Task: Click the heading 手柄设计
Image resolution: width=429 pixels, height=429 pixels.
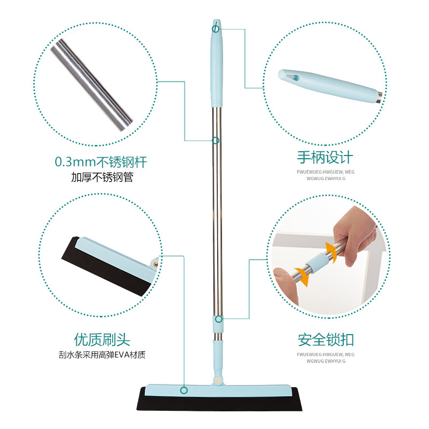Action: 325,158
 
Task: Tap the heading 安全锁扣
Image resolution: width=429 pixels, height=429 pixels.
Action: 326,340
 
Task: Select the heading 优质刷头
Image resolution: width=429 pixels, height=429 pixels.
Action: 102,340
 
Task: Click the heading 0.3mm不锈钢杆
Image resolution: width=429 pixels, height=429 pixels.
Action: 101,162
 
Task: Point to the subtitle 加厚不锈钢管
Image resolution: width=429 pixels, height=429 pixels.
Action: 102,177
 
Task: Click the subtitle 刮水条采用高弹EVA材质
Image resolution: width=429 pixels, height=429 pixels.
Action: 102,355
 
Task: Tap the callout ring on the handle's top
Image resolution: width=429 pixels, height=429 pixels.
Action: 216,29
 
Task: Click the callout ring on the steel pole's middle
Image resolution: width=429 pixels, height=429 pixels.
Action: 216,140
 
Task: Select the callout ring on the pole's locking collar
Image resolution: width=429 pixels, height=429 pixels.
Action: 219,319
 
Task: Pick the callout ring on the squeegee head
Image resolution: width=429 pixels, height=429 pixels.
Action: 184,390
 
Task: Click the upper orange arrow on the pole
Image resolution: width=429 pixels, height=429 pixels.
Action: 331,250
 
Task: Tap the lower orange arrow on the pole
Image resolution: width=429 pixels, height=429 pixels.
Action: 303,276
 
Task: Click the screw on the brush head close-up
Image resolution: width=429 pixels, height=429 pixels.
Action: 156,264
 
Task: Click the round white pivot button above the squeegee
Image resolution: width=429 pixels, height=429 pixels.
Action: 218,380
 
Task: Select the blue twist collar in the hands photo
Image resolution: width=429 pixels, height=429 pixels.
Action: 316,262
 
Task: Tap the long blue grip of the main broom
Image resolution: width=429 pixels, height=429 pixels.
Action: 217,63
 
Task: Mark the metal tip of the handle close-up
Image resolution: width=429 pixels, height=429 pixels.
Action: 379,98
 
